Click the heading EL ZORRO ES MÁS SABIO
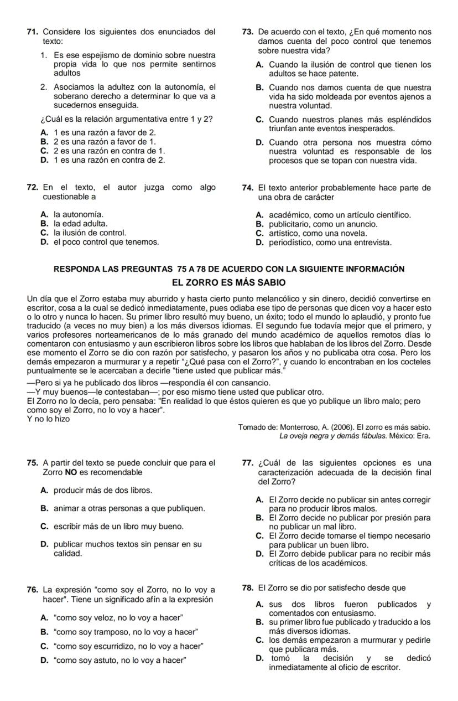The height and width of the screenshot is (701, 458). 229,282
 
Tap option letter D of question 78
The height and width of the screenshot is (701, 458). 259,658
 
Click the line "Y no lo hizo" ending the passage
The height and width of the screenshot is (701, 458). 49,419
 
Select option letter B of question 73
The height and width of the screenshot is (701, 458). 259,87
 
